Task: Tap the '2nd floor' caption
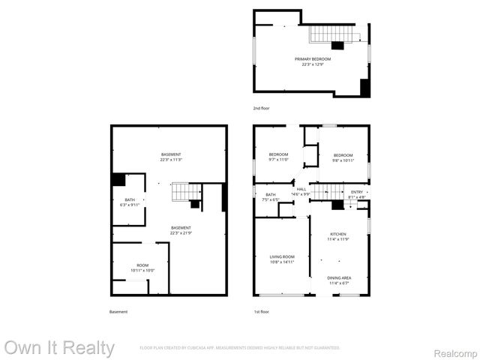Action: pyautogui.click(x=261, y=109)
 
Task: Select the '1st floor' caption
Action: pyautogui.click(x=261, y=311)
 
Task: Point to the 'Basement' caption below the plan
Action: pyautogui.click(x=118, y=311)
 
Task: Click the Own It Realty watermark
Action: pyautogui.click(x=59, y=348)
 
